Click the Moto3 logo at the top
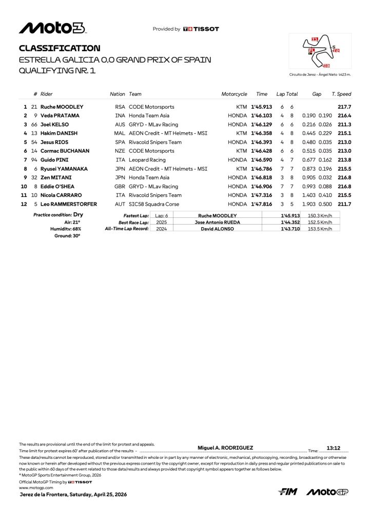52,28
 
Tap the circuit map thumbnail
320,51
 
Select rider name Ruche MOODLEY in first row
62,107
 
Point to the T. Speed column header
341,94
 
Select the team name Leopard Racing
147,160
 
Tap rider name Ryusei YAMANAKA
64,169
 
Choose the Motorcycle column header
234,94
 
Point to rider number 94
34,160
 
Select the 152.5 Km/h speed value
320,223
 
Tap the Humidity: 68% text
67,229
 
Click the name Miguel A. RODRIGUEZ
225,448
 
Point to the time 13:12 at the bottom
334,448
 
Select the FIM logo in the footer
288,492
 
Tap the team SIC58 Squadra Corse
153,204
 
